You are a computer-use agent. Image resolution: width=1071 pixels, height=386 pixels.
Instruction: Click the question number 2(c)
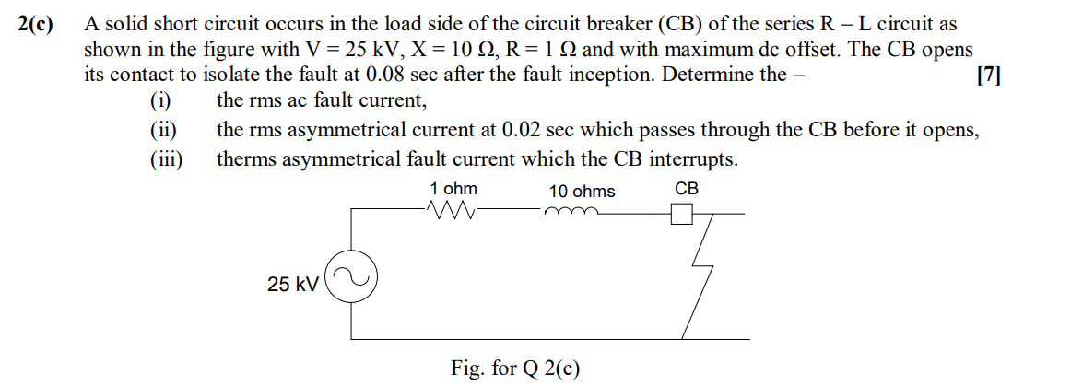coord(37,26)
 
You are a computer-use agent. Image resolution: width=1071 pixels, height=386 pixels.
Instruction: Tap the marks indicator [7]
coord(987,76)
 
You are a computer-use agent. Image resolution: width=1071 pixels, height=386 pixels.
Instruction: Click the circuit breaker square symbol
coord(681,214)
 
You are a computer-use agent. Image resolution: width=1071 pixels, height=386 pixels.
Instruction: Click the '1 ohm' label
coord(453,189)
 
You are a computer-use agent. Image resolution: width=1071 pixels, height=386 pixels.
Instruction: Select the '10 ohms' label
coord(582,192)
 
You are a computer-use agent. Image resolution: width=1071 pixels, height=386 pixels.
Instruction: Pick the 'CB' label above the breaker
coord(687,189)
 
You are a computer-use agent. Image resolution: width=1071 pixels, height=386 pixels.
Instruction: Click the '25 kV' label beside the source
coord(292,286)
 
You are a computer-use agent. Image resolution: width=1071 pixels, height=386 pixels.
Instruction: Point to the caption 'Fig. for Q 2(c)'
coord(515,368)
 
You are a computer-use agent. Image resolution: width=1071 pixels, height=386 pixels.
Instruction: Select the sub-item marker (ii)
coord(163,131)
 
